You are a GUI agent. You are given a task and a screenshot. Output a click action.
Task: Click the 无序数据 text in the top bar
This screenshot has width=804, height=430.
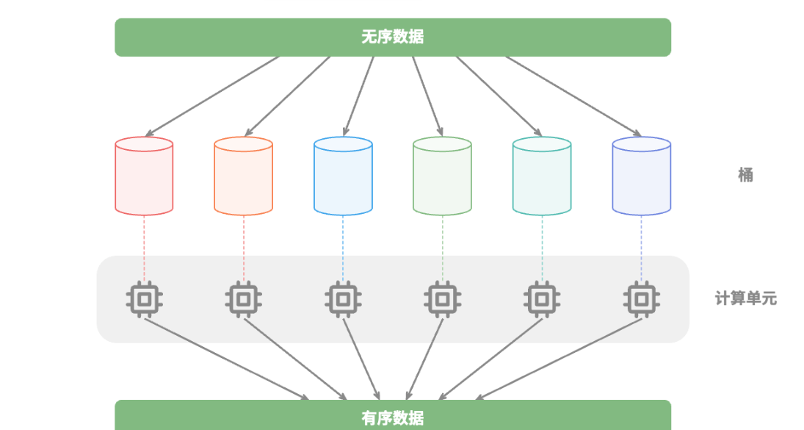click(x=393, y=37)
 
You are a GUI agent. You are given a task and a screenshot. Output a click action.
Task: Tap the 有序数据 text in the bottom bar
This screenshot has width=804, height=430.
click(x=393, y=418)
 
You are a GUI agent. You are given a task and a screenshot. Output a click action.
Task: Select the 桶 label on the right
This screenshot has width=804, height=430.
click(x=745, y=175)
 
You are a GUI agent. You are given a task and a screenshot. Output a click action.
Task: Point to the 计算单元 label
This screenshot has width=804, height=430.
click(x=745, y=299)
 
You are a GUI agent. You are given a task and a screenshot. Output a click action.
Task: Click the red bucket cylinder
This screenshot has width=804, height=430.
click(x=144, y=176)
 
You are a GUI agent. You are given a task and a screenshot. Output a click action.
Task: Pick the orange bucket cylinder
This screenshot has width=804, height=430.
click(x=243, y=176)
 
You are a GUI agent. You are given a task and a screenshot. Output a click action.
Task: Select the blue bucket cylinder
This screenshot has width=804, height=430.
click(x=343, y=176)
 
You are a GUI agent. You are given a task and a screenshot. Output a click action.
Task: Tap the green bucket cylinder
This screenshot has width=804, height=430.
click(x=442, y=176)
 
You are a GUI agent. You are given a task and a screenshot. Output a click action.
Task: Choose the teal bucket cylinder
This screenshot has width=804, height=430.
click(x=542, y=176)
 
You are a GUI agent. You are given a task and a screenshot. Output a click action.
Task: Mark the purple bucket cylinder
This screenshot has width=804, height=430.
click(x=641, y=176)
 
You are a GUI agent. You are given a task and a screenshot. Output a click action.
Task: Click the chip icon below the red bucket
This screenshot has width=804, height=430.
click(x=144, y=299)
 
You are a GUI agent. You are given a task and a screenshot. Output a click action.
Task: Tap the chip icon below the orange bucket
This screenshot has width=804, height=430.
click(x=243, y=299)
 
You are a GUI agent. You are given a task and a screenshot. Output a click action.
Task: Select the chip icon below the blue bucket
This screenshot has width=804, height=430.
click(x=343, y=299)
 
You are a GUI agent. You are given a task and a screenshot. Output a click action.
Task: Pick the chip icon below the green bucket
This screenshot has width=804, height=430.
click(x=442, y=299)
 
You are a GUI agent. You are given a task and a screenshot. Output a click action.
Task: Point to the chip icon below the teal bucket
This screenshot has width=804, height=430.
click(x=542, y=299)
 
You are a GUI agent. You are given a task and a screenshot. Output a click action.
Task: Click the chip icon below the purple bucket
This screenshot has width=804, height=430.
click(x=641, y=299)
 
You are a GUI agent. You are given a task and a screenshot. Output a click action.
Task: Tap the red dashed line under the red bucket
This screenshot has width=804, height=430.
click(x=144, y=246)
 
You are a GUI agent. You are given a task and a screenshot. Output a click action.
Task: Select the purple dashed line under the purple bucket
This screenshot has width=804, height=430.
click(x=641, y=246)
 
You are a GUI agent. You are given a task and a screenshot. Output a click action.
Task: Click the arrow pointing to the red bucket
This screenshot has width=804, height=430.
click(x=213, y=96)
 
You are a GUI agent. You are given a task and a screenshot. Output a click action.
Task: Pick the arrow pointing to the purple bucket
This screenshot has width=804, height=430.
click(x=573, y=96)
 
